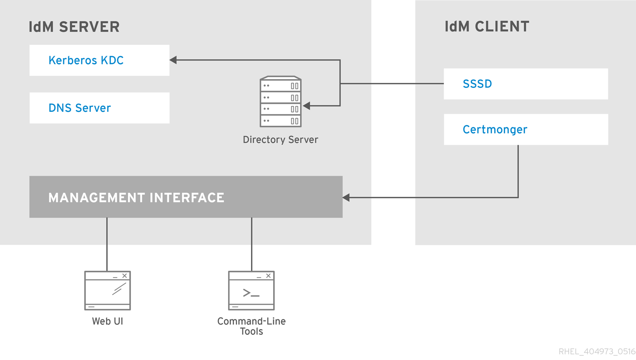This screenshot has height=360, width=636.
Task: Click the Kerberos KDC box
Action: (x=99, y=60)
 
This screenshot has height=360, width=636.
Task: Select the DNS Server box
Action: (x=99, y=108)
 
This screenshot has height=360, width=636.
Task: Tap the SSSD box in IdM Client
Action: (x=526, y=84)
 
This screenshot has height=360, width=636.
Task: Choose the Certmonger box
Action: (x=526, y=129)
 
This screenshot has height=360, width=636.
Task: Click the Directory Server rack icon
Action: (x=280, y=102)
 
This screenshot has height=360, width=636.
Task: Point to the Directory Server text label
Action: (x=280, y=140)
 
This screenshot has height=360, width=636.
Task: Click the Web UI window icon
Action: (x=108, y=291)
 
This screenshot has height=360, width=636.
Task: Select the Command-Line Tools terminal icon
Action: (x=251, y=291)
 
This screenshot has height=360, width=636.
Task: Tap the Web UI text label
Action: (x=108, y=321)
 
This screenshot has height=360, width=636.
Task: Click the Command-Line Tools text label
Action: (x=251, y=326)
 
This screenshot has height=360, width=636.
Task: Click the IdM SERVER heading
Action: (x=74, y=27)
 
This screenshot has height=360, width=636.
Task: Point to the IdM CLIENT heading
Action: (x=487, y=27)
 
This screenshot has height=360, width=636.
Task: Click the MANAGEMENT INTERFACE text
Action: (x=136, y=198)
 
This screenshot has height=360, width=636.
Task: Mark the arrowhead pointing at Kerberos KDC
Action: (x=173, y=60)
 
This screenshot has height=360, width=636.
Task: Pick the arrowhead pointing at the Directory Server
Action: (x=307, y=106)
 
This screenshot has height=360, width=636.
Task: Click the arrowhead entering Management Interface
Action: (x=346, y=198)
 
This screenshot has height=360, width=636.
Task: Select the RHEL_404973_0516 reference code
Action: (x=597, y=352)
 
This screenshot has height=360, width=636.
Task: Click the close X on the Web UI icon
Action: (x=125, y=276)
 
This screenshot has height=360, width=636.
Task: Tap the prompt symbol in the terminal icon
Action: (x=251, y=293)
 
